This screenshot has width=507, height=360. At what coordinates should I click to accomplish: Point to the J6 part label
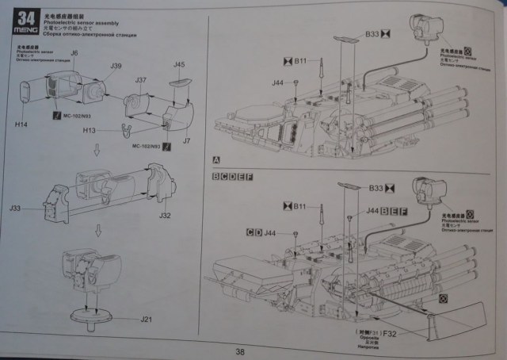(x=74, y=53)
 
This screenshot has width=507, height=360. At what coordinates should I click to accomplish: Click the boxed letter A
(x=215, y=159)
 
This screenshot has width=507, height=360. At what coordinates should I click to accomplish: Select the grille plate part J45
(x=180, y=79)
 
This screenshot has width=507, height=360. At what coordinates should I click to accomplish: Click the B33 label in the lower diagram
(x=376, y=188)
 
